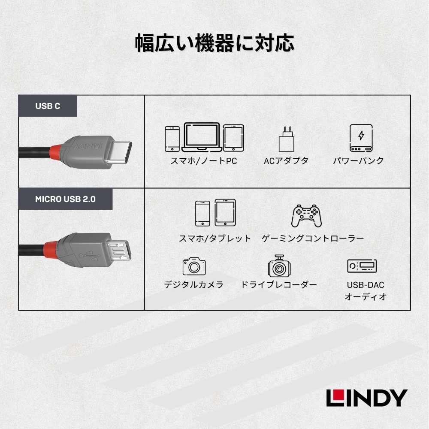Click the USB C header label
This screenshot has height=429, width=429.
point(48,106)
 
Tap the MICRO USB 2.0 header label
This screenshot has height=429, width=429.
point(65,199)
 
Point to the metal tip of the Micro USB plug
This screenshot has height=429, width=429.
point(119,250)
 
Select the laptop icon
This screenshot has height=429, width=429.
point(202,137)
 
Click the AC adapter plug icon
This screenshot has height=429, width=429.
point(286,139)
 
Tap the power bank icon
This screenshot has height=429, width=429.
point(361,138)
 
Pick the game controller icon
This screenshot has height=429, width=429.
point(306,216)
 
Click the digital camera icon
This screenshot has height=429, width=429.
point(194,266)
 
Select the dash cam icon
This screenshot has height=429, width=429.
point(279,266)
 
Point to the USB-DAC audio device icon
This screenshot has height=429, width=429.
point(362,266)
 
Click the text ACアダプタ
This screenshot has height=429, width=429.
point(286,161)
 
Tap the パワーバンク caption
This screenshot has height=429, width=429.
point(358,160)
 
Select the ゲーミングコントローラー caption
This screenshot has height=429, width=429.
point(313,238)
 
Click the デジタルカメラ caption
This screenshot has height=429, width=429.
point(194,285)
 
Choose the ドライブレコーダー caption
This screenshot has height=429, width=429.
point(279,285)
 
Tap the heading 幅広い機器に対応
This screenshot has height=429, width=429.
point(214,43)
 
